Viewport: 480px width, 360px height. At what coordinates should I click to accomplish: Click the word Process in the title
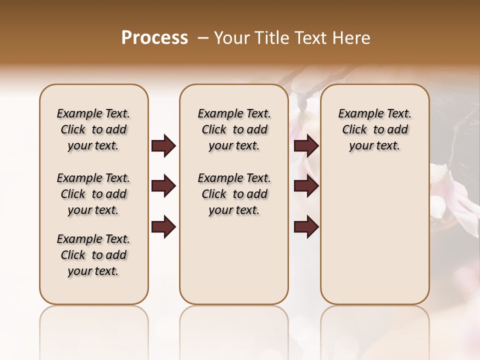tap(154, 38)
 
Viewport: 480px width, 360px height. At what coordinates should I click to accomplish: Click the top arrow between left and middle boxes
tap(163, 146)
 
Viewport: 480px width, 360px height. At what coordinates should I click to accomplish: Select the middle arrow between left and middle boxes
tap(163, 186)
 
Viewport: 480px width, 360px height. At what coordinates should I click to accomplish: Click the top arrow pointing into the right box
tap(306, 146)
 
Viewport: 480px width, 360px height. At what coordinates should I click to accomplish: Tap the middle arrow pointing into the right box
tap(306, 186)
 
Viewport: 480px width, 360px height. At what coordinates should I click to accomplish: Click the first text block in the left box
tap(93, 129)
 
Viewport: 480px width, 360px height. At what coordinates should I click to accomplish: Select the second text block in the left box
tap(93, 194)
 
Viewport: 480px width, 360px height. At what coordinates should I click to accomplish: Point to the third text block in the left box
tap(93, 255)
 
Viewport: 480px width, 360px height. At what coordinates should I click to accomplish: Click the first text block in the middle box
tap(234, 129)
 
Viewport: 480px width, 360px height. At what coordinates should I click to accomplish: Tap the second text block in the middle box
tap(234, 194)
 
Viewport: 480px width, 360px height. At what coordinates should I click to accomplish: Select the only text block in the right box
tap(374, 129)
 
